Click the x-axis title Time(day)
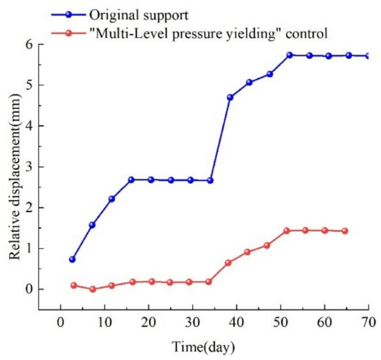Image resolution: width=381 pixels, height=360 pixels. [x=203, y=347]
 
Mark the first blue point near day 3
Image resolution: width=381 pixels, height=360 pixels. [x=72, y=259]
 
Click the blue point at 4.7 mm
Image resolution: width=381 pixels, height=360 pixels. [x=230, y=97]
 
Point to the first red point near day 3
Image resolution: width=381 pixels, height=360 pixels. [x=73, y=285]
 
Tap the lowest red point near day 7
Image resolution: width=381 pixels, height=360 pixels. [x=92, y=289]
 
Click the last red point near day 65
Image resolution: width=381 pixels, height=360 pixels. [x=345, y=231]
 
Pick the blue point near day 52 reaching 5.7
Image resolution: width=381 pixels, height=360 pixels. [x=289, y=55]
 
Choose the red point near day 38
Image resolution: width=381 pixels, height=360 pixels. [x=228, y=262]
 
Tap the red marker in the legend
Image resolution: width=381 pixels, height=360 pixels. [x=68, y=33]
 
